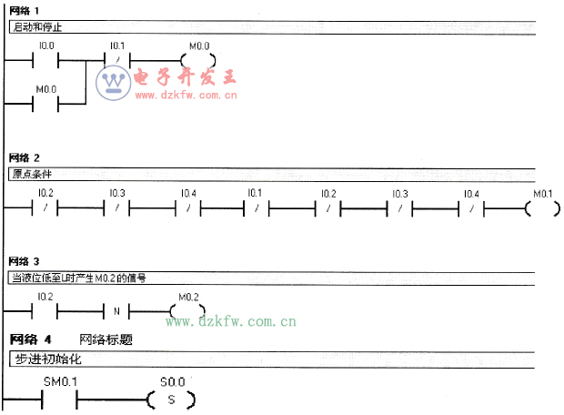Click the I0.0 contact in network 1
46,61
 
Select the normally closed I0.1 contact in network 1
116,61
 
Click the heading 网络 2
24,157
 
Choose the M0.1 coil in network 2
543,208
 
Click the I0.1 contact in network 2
256,208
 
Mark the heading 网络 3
24,262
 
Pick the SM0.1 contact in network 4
59,399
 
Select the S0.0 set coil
171,399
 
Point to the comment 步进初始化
47,359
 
